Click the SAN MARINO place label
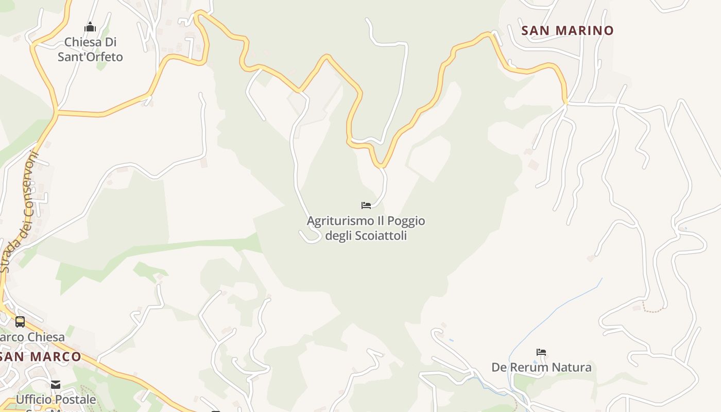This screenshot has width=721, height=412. click(568, 30)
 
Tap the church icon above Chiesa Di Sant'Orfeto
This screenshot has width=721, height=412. click(90, 27)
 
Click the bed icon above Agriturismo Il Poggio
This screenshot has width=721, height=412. click(366, 205)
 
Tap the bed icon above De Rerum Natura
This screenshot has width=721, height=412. click(541, 352)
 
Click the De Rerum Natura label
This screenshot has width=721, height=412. click(541, 367)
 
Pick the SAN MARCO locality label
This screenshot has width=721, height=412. click(41, 356)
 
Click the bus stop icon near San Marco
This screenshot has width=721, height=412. click(20, 322)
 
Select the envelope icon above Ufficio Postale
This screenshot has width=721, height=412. click(56, 385)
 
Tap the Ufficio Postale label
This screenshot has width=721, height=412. click(56, 399)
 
